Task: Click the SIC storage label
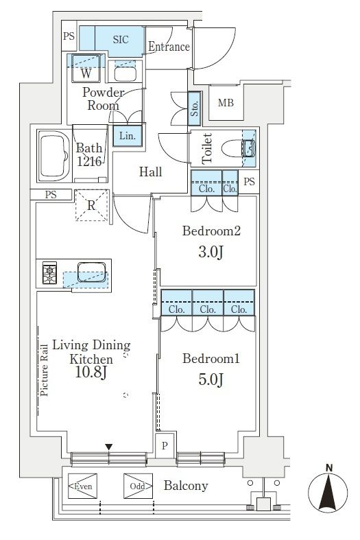click(x=121, y=40)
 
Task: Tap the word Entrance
click(x=169, y=47)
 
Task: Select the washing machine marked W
click(x=86, y=68)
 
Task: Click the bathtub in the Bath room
click(x=53, y=156)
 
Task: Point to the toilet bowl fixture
click(x=238, y=148)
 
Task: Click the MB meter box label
click(x=226, y=103)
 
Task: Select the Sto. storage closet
click(x=195, y=108)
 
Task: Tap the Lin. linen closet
click(x=128, y=136)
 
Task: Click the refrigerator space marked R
click(x=91, y=205)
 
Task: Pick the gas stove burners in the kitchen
click(x=49, y=272)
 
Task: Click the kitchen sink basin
click(x=91, y=272)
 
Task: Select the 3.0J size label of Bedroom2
click(x=211, y=253)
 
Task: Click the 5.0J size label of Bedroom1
click(x=211, y=379)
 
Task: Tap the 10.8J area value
click(x=92, y=372)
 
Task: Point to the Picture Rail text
click(x=44, y=370)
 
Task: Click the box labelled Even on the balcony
click(x=82, y=486)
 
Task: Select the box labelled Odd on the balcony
click(x=138, y=486)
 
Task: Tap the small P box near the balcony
click(x=165, y=445)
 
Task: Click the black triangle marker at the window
click(x=109, y=447)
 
